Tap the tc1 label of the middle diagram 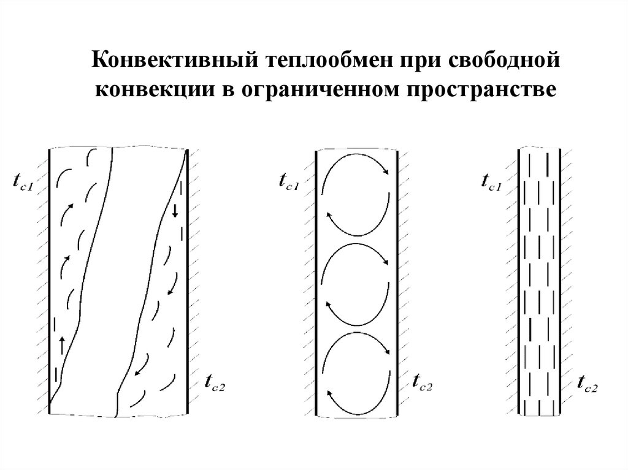288,181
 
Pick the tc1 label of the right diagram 491,181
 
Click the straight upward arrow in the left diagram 63,344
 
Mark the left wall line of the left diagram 49,282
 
